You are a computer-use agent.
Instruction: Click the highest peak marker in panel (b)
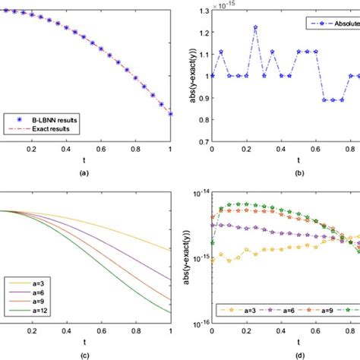click(256, 27)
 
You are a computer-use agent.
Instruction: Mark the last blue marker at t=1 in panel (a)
click(171, 114)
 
